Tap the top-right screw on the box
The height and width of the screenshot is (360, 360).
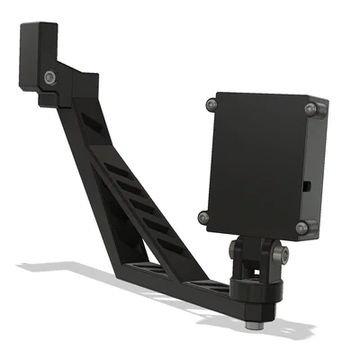[x=310, y=109]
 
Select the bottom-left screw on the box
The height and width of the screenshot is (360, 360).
[x=204, y=216]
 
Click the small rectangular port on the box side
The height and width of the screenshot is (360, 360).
[x=307, y=186]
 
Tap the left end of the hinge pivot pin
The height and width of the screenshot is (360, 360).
[x=233, y=247]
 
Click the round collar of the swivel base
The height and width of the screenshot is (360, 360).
[x=256, y=286]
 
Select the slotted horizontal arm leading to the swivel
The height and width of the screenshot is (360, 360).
[x=180, y=279]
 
